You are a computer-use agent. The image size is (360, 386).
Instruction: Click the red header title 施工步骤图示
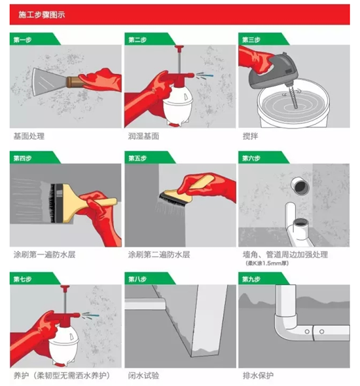tap(41, 15)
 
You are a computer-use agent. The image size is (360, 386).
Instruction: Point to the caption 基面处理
tap(29, 136)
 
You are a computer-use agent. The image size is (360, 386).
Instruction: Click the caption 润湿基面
tap(143, 136)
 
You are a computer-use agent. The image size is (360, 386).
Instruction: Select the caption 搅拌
tap(250, 136)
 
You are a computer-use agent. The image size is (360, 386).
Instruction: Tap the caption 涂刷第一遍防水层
tap(45, 254)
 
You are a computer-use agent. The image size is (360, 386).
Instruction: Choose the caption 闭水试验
tap(143, 376)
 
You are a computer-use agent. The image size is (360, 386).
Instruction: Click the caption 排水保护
tap(258, 376)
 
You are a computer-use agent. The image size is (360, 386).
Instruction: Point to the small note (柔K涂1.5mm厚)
tap(267, 263)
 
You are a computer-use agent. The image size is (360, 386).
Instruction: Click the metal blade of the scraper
tap(49, 80)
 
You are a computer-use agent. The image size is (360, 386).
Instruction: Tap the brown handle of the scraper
tap(74, 82)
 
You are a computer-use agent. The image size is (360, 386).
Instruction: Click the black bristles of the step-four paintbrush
tap(52, 203)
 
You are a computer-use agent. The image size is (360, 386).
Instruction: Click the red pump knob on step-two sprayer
tap(179, 48)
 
